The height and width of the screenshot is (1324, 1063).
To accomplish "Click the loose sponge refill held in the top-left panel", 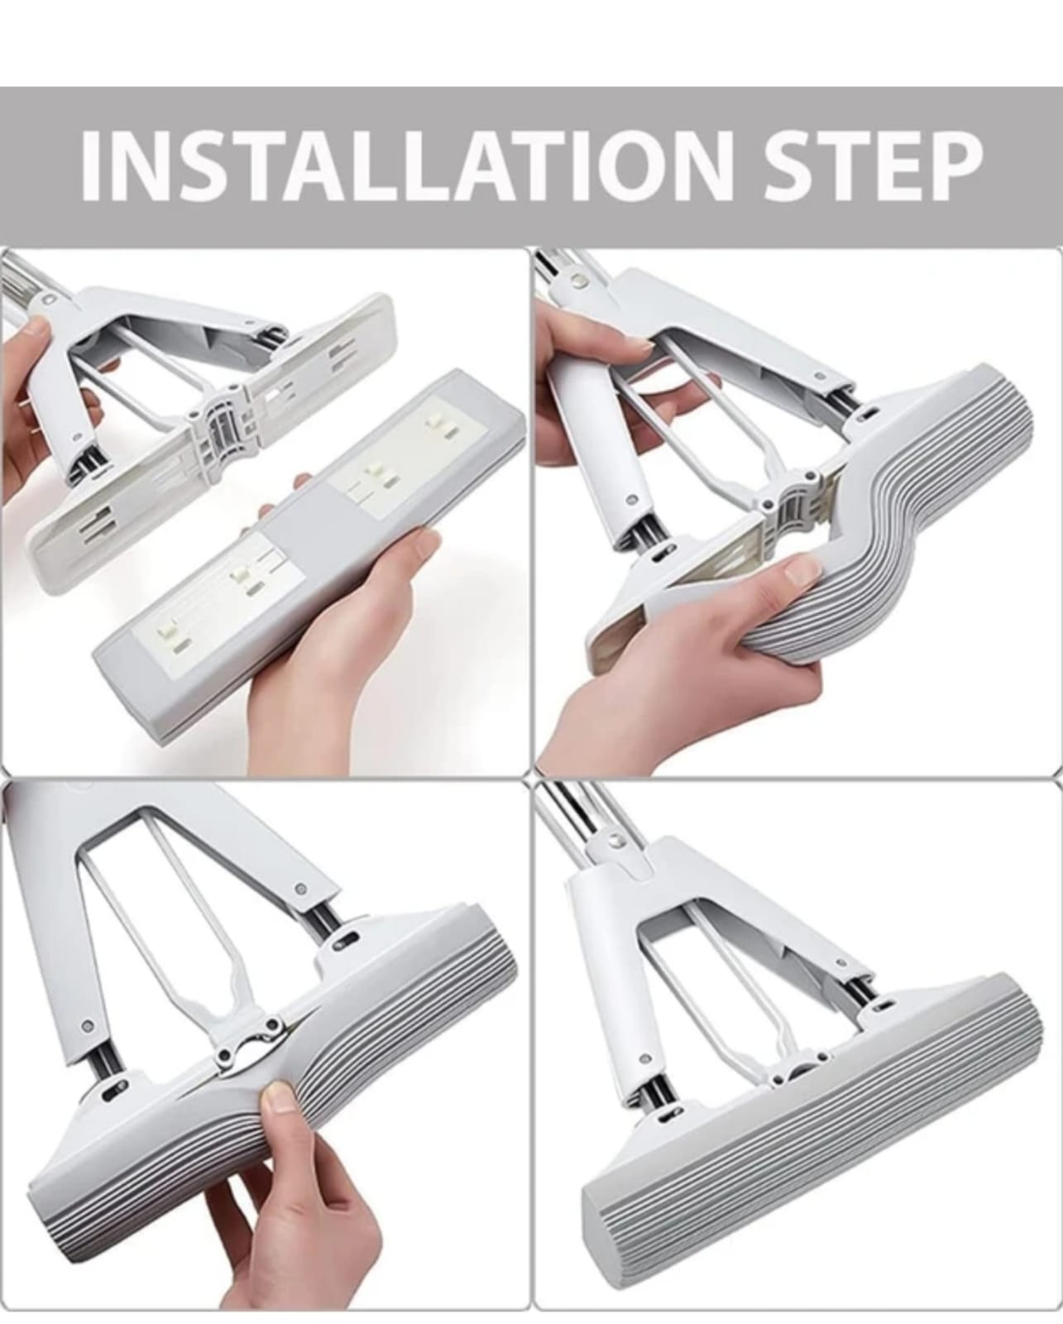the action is point(308,554).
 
